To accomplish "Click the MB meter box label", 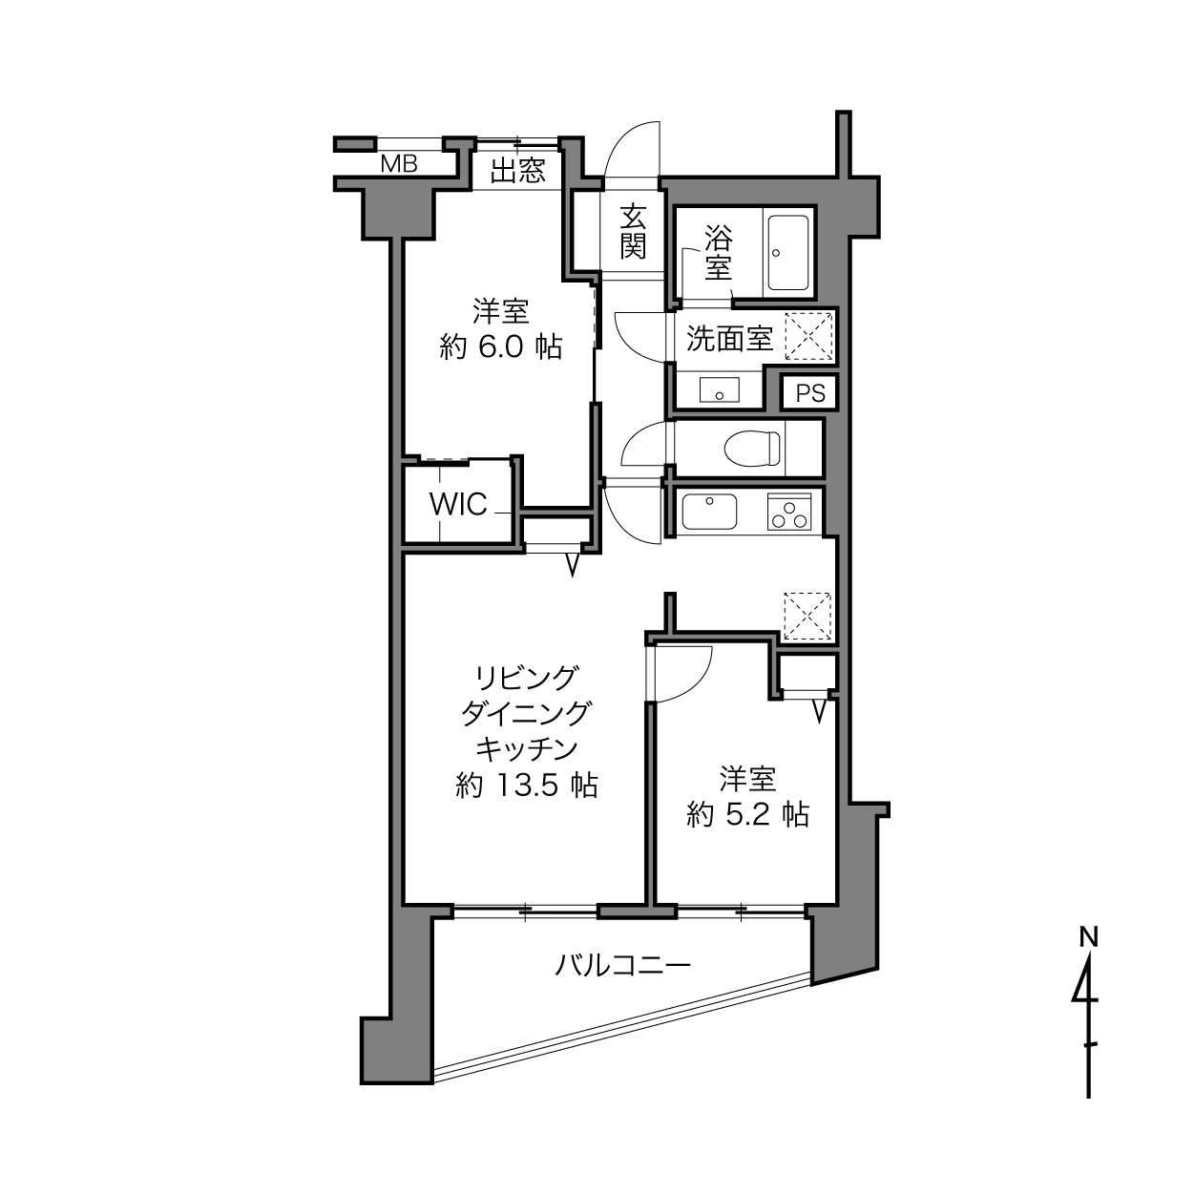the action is pos(399,164).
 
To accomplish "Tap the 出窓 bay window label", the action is pos(518,171).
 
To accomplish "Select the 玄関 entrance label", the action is pos(633,231).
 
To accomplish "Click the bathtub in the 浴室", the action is pos(788,252).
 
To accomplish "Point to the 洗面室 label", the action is pos(729,338).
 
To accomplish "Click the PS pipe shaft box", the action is pos(810,393).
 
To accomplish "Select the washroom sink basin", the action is pos(720,390).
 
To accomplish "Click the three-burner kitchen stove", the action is pos(789,512).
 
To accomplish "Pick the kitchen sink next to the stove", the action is pos(709,512).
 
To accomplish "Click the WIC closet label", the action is pos(458,505).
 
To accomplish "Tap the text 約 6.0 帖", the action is pos(501,347).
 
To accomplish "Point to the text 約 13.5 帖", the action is pos(527,786).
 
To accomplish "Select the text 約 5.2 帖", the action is pos(748,815).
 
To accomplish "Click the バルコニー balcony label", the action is pos(622,966).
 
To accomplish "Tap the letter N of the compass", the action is pos(1088,937).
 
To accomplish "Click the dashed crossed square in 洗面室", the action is pos(808,337).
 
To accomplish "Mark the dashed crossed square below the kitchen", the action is pos(807,616).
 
